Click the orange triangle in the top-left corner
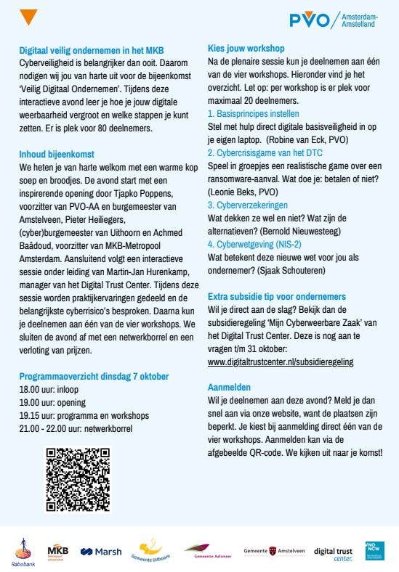(x=27, y=17)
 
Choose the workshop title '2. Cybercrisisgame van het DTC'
(x=265, y=153)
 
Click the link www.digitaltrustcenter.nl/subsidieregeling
(x=281, y=361)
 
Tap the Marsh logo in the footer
(x=100, y=552)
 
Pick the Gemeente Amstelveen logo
(x=274, y=551)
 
